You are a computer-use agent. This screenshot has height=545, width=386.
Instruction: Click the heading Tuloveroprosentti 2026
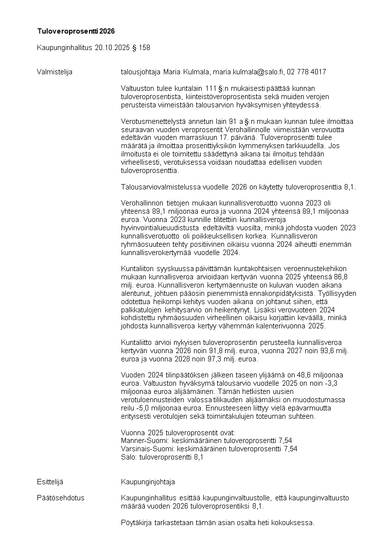[76, 31]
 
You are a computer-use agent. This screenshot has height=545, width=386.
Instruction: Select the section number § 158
[144, 48]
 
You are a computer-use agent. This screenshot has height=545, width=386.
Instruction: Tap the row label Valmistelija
[54, 72]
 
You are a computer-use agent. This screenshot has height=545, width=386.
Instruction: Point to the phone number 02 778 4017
[306, 72]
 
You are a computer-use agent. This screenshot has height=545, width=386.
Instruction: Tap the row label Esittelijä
[50, 482]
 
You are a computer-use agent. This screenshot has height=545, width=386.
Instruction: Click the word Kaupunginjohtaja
[148, 482]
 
